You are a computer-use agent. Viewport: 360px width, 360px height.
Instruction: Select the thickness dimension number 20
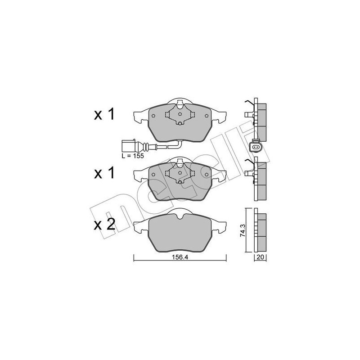click(x=260, y=257)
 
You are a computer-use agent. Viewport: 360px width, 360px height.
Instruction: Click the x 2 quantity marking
click(x=105, y=224)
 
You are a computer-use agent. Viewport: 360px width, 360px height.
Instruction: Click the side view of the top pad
click(x=259, y=117)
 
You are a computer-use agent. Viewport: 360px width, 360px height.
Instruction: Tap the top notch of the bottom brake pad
click(x=180, y=218)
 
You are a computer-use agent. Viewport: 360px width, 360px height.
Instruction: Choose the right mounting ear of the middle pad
click(x=220, y=173)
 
